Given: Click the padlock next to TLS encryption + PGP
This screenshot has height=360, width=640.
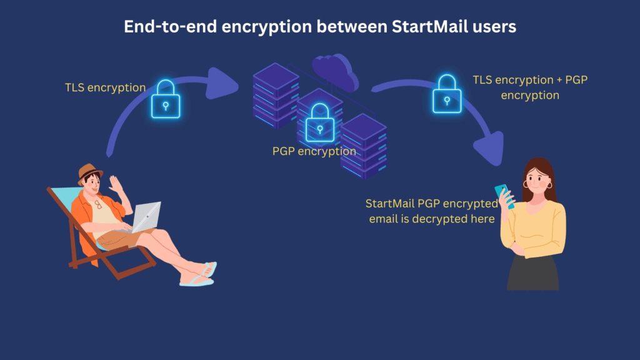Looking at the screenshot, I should [447, 94].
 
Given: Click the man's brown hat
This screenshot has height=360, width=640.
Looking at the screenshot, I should [90, 172].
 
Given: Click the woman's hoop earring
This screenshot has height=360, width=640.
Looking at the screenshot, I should [551, 185].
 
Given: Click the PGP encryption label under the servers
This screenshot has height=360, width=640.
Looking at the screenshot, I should [314, 151].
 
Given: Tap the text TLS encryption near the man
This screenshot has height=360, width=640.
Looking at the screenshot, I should [105, 87].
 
